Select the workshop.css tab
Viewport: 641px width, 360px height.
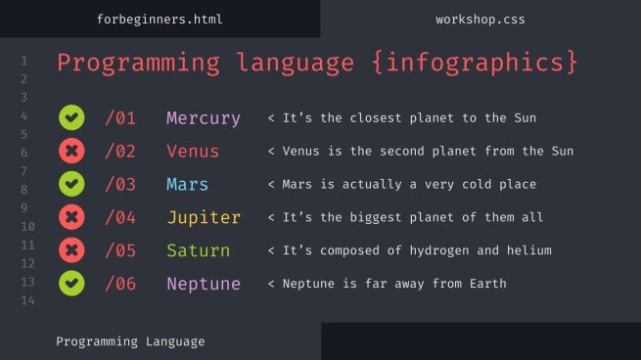pyautogui.click(x=480, y=19)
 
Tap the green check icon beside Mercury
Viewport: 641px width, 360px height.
pyautogui.click(x=70, y=118)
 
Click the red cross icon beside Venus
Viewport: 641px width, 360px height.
pyautogui.click(x=70, y=151)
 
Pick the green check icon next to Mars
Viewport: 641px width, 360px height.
pyautogui.click(x=70, y=184)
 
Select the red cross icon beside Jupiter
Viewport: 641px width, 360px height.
pyautogui.click(x=70, y=216)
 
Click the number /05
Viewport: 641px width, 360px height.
pyautogui.click(x=121, y=250)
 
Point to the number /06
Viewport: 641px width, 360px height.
pyautogui.click(x=121, y=284)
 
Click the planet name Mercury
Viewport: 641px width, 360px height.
pyautogui.click(x=203, y=118)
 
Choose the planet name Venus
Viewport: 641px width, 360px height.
pyautogui.click(x=193, y=152)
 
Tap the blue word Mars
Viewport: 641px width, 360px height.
pyautogui.click(x=187, y=184)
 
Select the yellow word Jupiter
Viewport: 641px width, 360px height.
pyautogui.click(x=203, y=217)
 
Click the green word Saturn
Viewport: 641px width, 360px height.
pyautogui.click(x=198, y=250)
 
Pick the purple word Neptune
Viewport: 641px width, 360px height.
pyautogui.click(x=203, y=284)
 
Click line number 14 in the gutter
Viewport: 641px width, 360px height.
pyautogui.click(x=23, y=300)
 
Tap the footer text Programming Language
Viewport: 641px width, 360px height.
pyautogui.click(x=130, y=341)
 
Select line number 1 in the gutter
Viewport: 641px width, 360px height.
pyautogui.click(x=23, y=61)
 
